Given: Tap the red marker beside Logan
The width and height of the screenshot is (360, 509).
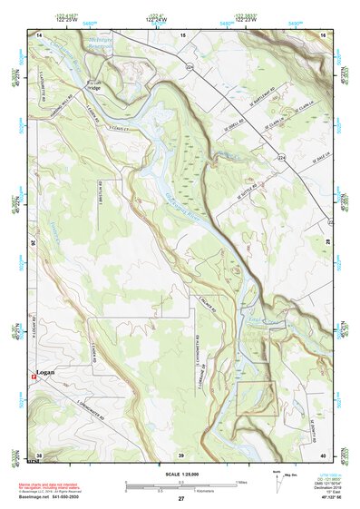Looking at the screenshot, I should [34, 374].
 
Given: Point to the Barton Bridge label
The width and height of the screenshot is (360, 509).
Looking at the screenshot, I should [92, 86].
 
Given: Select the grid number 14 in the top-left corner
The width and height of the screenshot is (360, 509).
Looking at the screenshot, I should [39, 34].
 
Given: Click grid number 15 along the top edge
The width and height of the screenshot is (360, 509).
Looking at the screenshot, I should [182, 34].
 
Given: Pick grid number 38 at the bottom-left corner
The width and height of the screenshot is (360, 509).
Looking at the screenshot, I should [39, 455].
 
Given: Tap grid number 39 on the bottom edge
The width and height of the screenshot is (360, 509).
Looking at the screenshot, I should [181, 455].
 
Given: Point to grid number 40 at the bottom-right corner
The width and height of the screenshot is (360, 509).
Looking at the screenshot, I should [324, 455].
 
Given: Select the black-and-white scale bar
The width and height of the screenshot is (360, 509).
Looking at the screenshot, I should [181, 485].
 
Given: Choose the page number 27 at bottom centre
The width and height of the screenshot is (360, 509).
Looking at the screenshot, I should [181, 499].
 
